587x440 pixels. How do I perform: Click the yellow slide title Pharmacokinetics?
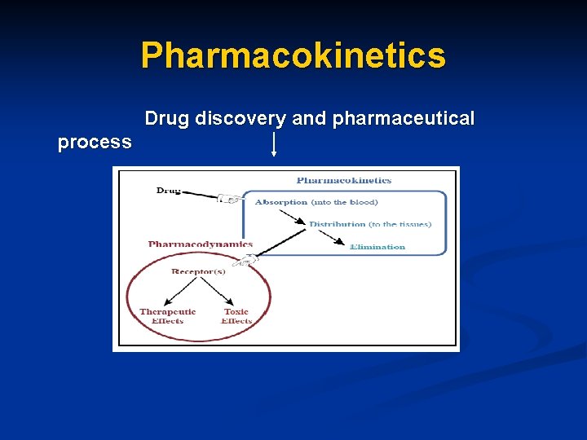(x=293, y=55)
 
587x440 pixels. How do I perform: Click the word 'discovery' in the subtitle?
(x=238, y=119)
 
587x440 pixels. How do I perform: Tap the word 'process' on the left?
(x=95, y=142)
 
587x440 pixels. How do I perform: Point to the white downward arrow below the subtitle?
(x=273, y=144)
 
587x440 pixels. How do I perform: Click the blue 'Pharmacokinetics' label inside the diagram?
(x=343, y=180)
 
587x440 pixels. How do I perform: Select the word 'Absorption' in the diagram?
(x=281, y=202)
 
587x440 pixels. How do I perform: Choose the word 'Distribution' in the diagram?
(x=337, y=224)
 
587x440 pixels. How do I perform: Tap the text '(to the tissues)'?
(x=399, y=224)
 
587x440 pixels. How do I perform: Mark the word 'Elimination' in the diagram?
(x=377, y=246)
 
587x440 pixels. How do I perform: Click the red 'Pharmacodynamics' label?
(x=201, y=244)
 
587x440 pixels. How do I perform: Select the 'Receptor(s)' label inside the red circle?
(x=198, y=271)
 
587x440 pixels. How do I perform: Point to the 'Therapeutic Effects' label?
(x=168, y=316)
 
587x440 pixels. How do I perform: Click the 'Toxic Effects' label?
(x=236, y=316)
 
